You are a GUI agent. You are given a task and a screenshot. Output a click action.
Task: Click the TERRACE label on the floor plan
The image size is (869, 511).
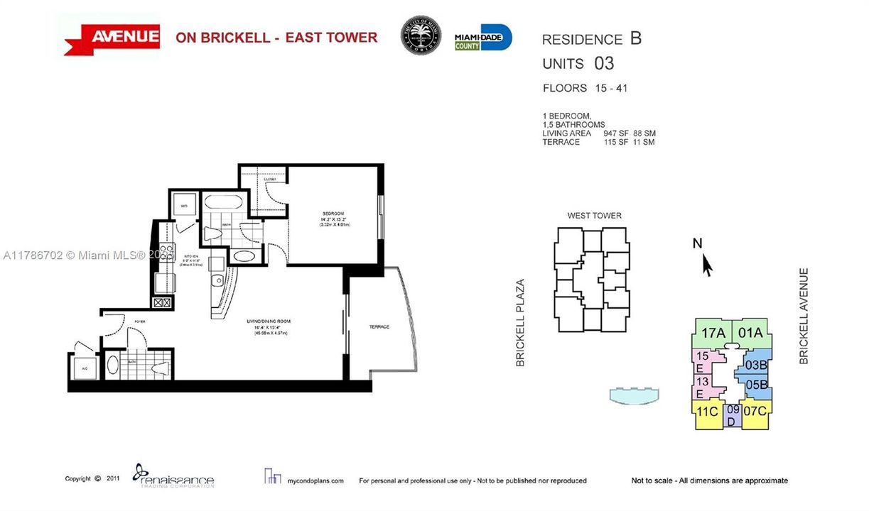379,327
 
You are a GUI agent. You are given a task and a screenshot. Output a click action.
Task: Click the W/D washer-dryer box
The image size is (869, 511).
183,207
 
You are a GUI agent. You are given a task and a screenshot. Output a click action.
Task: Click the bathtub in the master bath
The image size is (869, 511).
224,205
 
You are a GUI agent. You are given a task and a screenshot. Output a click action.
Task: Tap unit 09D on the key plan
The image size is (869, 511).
732,415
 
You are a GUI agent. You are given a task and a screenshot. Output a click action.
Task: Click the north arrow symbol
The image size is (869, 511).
706,265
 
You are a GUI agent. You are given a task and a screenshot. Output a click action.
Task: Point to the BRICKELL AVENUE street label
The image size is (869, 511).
804,316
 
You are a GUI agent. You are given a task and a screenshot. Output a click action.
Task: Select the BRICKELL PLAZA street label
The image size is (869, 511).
520,322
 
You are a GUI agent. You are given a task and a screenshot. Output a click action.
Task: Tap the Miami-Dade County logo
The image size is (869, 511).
483,37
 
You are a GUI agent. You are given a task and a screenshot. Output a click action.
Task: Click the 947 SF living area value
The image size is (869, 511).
611,133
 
